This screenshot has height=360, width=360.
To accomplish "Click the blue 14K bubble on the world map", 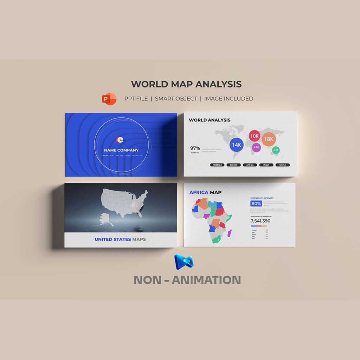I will tap(237, 144).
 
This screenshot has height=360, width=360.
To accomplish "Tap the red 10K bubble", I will tap(255, 136).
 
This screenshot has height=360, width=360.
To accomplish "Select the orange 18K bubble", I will tap(269, 139).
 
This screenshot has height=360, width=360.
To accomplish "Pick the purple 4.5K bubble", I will tap(256, 147).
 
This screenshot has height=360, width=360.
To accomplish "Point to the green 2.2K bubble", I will tap(276, 150).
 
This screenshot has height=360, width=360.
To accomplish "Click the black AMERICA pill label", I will tap(218, 165).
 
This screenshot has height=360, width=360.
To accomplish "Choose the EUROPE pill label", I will tap(234, 165).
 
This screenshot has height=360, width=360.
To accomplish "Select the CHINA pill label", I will tap(282, 165).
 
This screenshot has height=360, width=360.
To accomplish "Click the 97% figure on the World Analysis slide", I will tap(195, 148).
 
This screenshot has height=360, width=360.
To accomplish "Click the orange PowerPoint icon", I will tap(109, 99).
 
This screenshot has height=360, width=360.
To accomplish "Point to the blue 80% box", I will tap(256, 204).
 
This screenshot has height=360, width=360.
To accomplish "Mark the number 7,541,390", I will tap(261, 221).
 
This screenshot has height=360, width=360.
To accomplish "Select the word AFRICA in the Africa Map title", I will tap(199, 192).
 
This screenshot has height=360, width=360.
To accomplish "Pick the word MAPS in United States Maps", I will tap(139, 239).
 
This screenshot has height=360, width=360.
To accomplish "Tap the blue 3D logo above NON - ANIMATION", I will tap(184, 262).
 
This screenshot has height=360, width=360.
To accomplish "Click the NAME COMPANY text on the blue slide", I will tap(121, 150).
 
